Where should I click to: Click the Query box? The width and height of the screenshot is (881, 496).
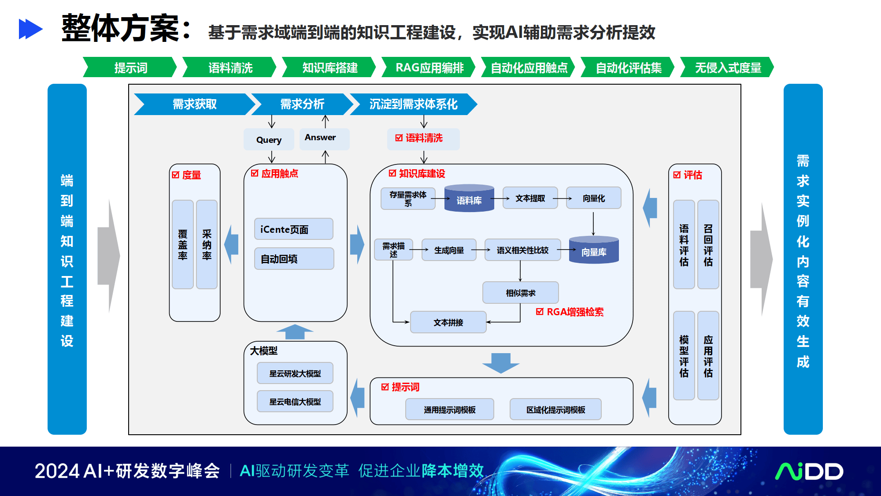tap(269, 140)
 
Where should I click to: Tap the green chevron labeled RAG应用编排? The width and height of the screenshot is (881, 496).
tap(429, 67)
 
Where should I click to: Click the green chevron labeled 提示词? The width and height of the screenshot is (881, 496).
tap(130, 67)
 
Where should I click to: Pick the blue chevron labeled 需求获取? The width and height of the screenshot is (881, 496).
tap(194, 104)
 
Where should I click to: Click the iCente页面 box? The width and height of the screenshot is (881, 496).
tap(293, 229)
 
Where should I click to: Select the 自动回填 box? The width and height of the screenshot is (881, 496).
tap(293, 258)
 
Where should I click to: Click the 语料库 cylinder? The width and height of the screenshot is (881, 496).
tap(469, 198)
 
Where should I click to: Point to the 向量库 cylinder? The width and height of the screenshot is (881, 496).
tap(593, 250)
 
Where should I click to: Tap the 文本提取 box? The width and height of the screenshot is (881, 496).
tap(530, 198)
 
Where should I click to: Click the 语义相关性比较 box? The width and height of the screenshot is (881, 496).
tap(522, 250)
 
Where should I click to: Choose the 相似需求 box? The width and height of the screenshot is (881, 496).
tap(520, 293)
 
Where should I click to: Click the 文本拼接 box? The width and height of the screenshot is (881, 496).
tap(448, 322)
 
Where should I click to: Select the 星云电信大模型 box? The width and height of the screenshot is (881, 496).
tap(295, 401)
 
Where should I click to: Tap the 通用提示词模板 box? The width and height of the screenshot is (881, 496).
tap(449, 410)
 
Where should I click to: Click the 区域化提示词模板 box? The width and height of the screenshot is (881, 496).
tap(555, 410)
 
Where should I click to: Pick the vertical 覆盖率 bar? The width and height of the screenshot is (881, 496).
tap(182, 245)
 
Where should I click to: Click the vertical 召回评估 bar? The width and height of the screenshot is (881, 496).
tap(708, 245)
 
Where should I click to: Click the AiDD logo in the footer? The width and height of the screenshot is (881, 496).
tap(809, 471)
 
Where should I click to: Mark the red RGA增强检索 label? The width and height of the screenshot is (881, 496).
tap(570, 312)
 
